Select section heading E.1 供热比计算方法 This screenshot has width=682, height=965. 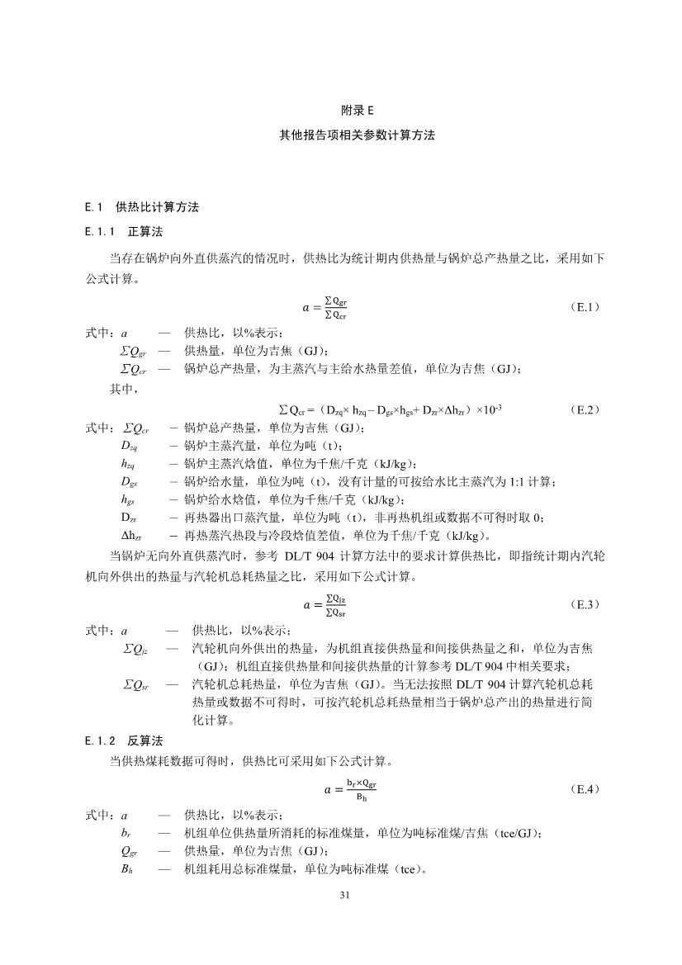coord(141,207)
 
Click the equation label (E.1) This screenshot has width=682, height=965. coord(585,307)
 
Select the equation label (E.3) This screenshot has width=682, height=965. coord(585,604)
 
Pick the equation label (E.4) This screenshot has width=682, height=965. coord(585,789)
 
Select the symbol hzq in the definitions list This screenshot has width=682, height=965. coord(128,465)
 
